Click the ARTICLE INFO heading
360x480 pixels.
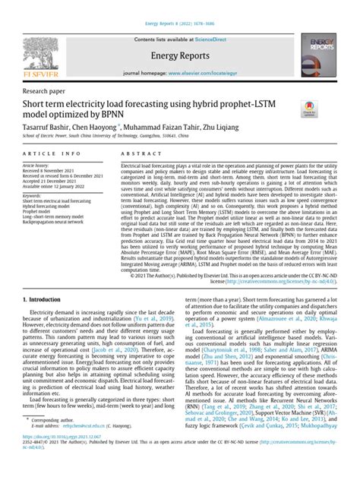click(x=43, y=152)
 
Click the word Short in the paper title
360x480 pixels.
click(x=35, y=103)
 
